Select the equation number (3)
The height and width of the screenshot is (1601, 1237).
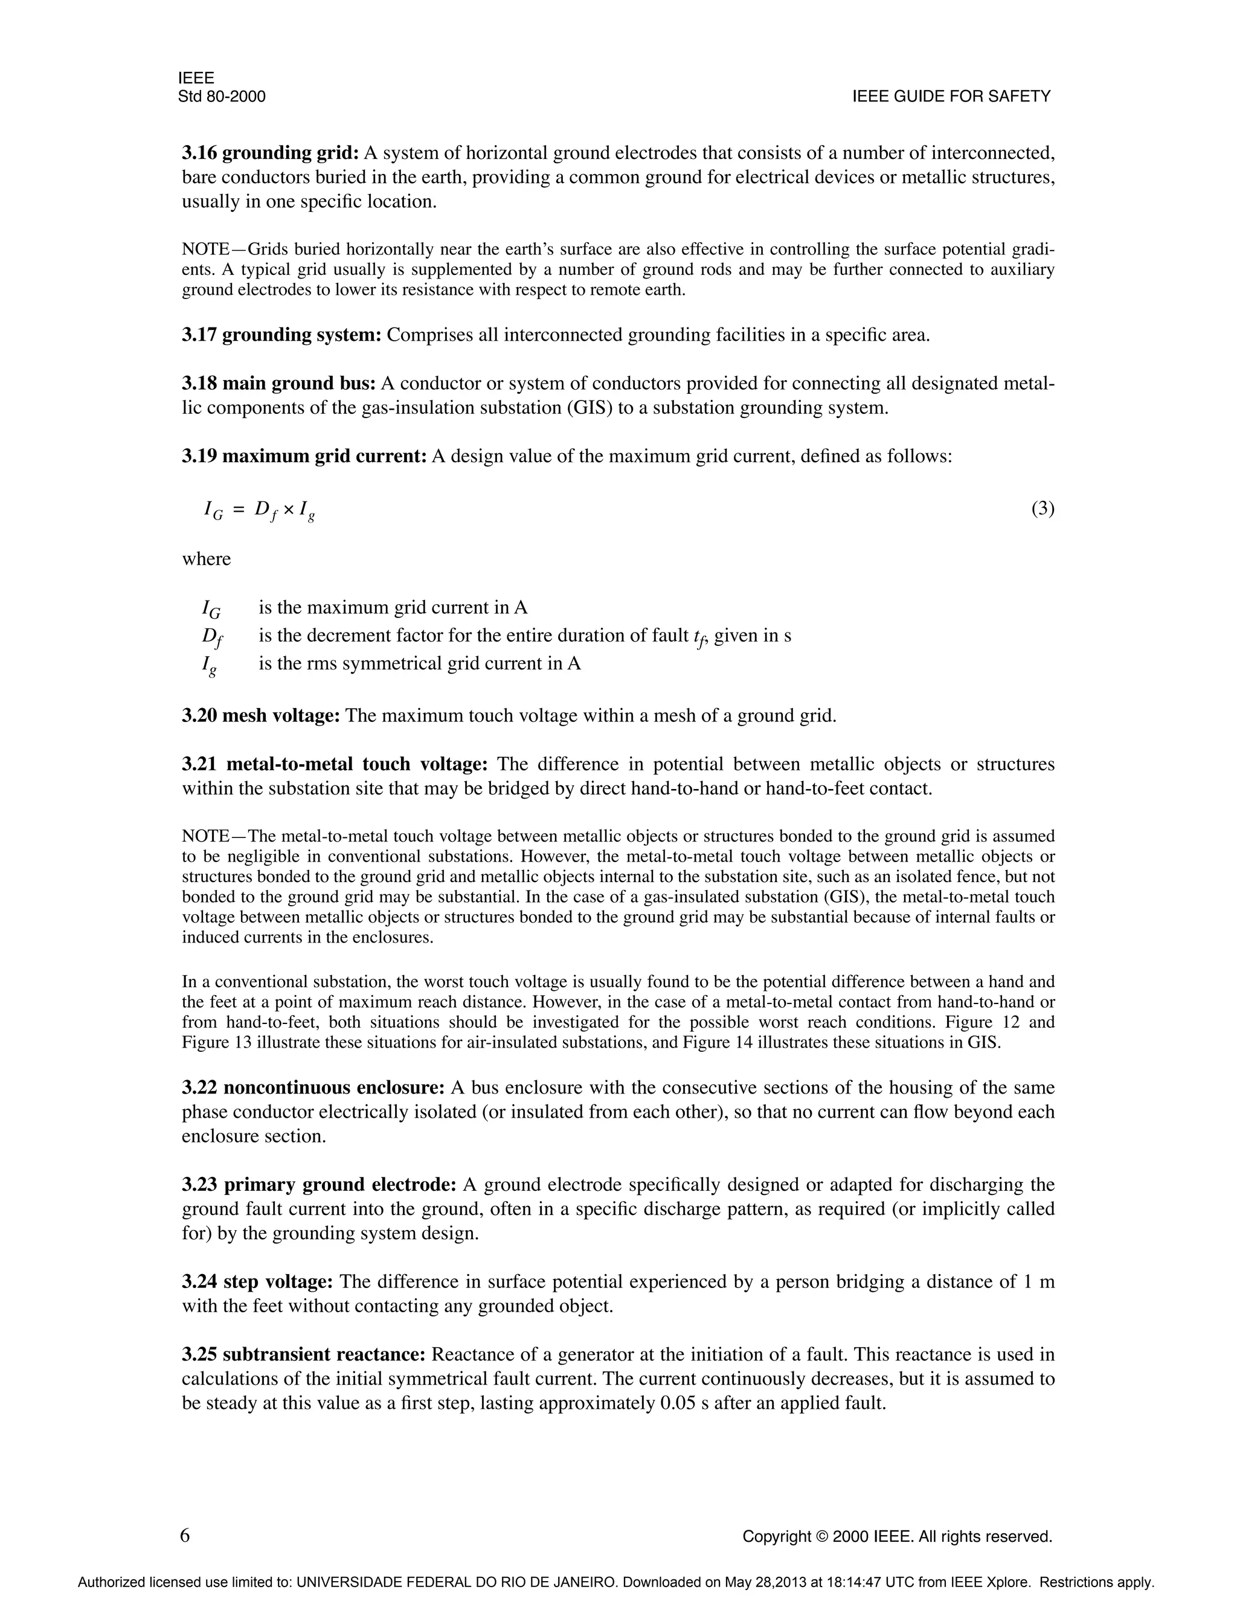(1042, 509)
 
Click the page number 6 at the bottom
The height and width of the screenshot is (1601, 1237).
(185, 1535)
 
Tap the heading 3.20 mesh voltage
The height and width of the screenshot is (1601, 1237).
(261, 715)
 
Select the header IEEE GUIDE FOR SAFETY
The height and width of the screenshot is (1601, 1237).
(951, 96)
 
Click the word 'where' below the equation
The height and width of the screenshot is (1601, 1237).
(206, 559)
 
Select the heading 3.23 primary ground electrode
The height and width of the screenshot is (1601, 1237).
(319, 1185)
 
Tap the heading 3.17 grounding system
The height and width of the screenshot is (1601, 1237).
(281, 335)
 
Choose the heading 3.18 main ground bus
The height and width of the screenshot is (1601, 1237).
(278, 384)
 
